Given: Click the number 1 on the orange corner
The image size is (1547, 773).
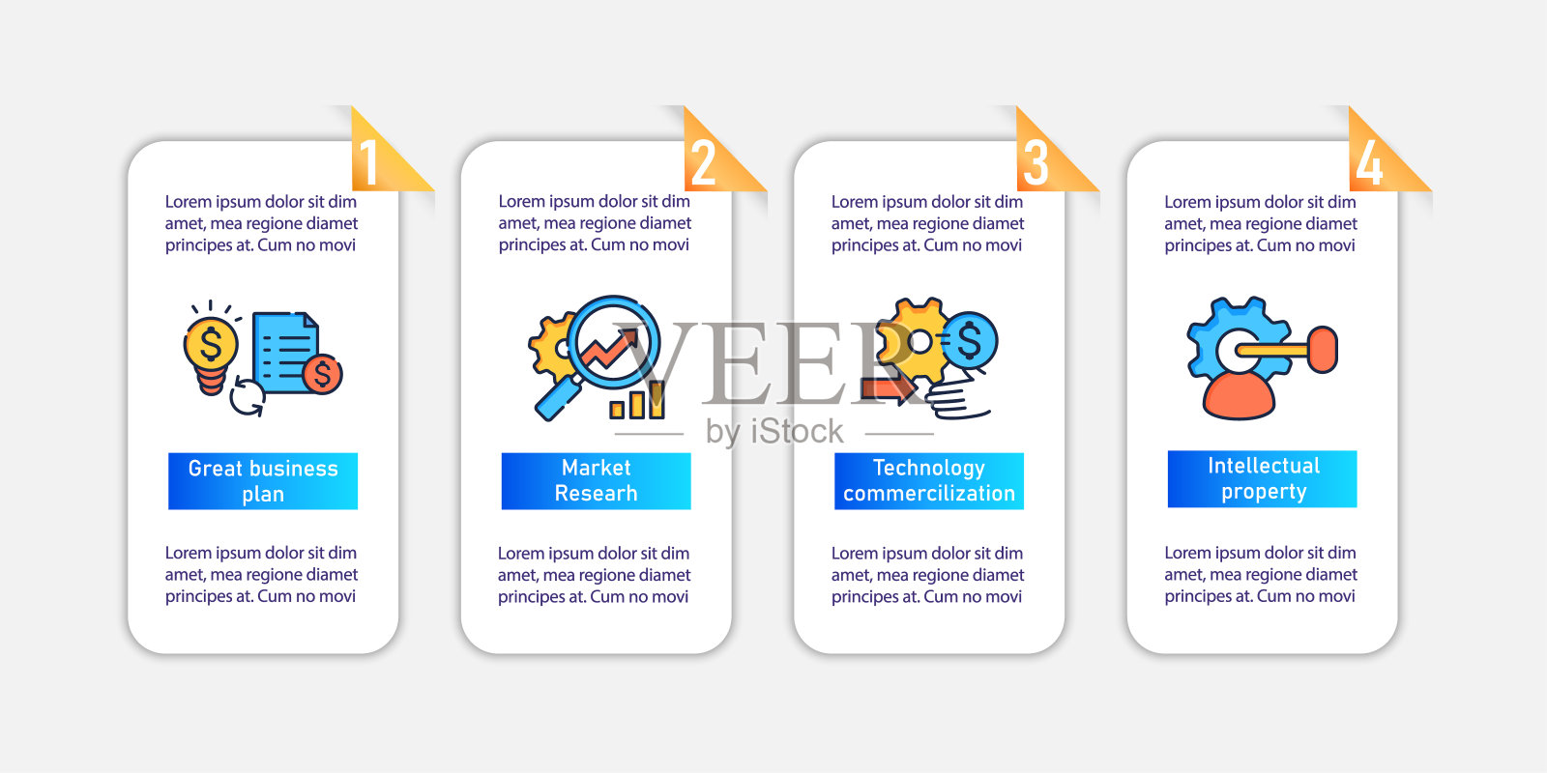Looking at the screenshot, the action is pyautogui.click(x=367, y=162).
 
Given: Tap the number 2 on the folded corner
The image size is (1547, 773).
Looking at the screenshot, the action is pyautogui.click(x=703, y=162).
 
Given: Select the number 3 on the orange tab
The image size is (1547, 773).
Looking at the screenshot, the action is pyautogui.click(x=1036, y=162).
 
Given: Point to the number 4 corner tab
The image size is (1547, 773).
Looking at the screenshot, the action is pyautogui.click(x=1369, y=162).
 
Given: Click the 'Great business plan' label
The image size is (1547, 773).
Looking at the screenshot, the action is pyautogui.click(x=263, y=481).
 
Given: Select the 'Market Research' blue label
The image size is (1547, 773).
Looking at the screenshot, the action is pyautogui.click(x=596, y=481).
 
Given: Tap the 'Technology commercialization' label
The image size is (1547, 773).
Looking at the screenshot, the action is pyautogui.click(x=929, y=481).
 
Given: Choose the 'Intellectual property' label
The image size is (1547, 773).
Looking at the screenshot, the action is pyautogui.click(x=1263, y=479).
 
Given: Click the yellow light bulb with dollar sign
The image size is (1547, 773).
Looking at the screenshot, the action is pyautogui.click(x=211, y=349).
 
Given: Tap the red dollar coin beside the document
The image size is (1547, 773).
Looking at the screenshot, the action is pyautogui.click(x=322, y=373).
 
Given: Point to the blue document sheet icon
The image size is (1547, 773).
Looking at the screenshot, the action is pyautogui.click(x=285, y=352).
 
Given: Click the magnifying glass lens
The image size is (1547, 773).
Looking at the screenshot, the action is pyautogui.click(x=613, y=343).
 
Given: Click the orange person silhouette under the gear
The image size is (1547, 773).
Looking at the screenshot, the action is pyautogui.click(x=1239, y=394).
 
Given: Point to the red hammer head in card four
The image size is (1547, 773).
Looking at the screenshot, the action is pyautogui.click(x=1322, y=349).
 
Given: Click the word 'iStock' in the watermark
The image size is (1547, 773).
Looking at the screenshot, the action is pyautogui.click(x=796, y=431).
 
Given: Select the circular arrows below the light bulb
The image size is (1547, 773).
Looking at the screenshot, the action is pyautogui.click(x=248, y=397).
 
